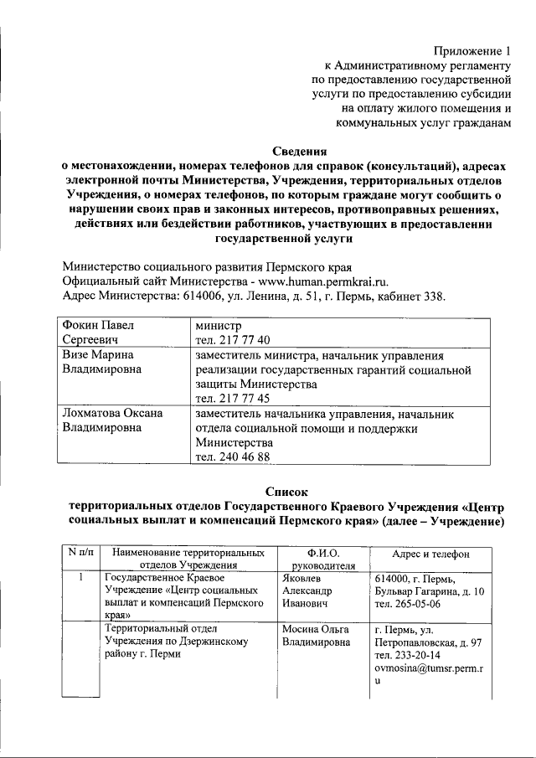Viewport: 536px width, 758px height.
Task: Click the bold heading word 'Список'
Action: [287, 492]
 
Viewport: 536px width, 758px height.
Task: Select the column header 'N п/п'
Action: [78, 554]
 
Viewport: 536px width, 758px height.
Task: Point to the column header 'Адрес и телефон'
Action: [430, 554]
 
